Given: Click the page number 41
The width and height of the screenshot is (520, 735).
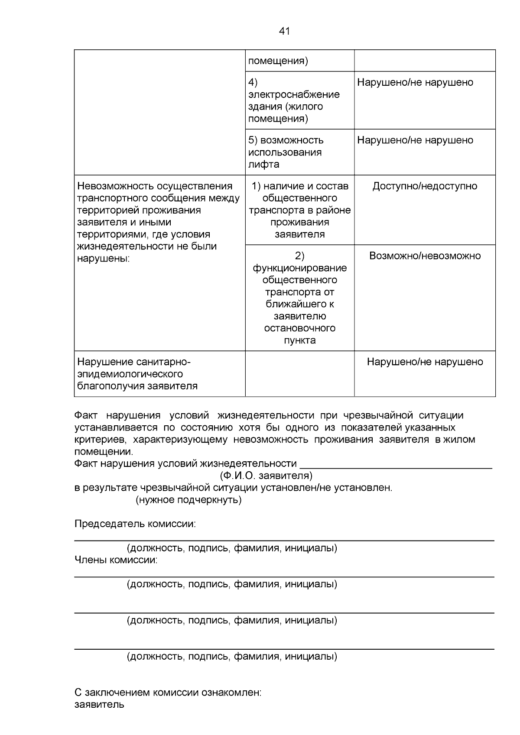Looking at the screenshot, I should tap(284, 31).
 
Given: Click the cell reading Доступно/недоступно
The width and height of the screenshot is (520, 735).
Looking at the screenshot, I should tap(425, 186).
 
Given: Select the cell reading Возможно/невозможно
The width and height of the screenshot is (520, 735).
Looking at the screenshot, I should tap(425, 256).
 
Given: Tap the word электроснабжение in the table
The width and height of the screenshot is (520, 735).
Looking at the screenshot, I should tap(294, 94).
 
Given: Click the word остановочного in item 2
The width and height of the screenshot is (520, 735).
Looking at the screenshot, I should tap(299, 328).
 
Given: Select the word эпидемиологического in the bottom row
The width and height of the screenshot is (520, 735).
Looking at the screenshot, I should tap(130, 374).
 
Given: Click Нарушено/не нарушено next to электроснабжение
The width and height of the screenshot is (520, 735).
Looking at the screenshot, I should tap(415, 82).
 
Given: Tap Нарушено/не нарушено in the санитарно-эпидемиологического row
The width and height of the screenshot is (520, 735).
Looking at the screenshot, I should tap(425, 362).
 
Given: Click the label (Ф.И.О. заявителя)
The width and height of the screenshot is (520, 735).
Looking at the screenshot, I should tap(266, 476).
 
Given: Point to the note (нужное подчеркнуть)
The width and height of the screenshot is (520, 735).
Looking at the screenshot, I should tap(188, 500).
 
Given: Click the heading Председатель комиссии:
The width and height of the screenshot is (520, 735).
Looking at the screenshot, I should tap(135, 524).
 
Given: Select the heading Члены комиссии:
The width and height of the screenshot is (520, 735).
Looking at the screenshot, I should tap(116, 560).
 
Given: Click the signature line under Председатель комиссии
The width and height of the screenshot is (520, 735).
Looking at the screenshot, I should tap(284, 540).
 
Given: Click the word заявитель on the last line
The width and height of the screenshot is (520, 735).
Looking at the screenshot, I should tap(99, 704).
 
